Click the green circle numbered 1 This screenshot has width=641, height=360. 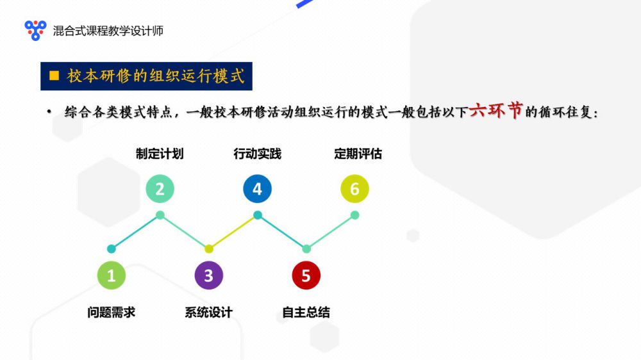111,275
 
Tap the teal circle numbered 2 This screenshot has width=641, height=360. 160,189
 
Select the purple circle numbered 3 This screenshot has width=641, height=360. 208,275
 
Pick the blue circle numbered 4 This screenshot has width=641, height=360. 257,189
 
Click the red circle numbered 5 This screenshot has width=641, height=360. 306,275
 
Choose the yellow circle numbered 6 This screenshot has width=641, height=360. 354,189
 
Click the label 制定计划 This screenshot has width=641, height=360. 160,154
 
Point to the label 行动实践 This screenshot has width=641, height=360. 258,154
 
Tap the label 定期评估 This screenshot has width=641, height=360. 358,154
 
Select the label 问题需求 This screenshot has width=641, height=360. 111,313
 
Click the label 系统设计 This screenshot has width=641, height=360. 208,313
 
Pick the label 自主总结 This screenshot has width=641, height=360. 306,313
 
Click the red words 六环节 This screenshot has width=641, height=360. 496,110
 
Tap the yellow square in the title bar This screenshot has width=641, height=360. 54,76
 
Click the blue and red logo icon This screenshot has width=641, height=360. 35,30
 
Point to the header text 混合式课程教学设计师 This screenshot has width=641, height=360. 108,31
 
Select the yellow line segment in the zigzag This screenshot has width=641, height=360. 233,232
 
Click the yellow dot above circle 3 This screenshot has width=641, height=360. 209,249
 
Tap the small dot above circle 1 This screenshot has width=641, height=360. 111,249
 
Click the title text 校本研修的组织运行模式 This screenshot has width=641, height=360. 156,76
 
